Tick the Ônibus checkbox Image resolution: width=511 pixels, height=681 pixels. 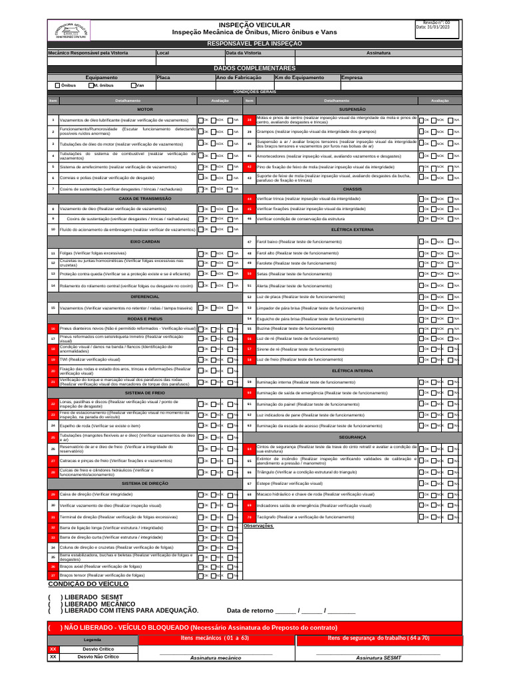57,85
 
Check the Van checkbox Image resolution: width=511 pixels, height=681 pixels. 134,85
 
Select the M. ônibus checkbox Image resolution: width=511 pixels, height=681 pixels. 90,85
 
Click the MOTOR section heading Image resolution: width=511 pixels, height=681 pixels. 145,108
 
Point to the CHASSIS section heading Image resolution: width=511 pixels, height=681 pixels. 353,189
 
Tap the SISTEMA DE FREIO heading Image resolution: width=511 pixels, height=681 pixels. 145,393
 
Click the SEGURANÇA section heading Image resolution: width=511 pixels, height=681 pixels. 353,437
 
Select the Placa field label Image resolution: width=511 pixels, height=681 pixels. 164,77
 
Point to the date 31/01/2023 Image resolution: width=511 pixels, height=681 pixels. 433,27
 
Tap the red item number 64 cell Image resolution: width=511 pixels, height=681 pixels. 250,449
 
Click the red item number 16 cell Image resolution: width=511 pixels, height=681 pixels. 53,329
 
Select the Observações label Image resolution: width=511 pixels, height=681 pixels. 259,525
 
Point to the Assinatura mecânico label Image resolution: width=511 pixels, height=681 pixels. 216,657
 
